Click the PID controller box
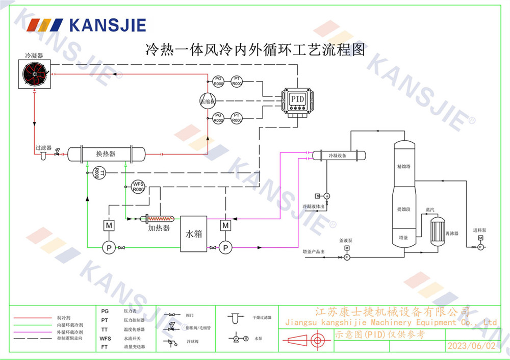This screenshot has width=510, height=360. pos(297,99)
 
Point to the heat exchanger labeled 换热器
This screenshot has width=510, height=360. pos(106,153)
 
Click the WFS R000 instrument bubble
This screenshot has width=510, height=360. pos(138,187)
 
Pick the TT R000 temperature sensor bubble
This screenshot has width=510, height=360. pos(97,173)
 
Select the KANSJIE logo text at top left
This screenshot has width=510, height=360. pos(107,25)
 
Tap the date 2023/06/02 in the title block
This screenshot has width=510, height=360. pos(471,346)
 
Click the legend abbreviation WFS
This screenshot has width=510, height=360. pos(105,338)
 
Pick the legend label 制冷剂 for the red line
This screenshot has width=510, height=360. pos(64,318)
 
